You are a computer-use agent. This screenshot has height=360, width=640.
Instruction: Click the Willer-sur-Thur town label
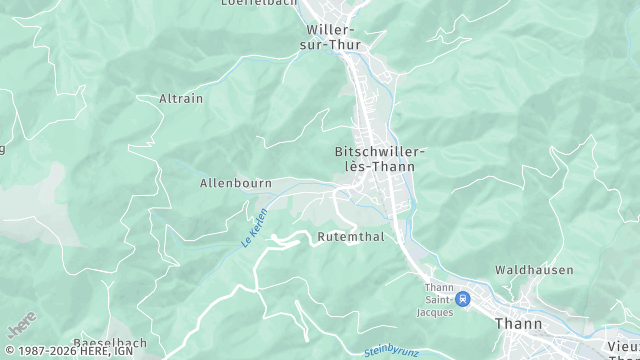click(x=333, y=37)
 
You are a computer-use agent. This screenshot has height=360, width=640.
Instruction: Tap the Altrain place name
click(x=180, y=99)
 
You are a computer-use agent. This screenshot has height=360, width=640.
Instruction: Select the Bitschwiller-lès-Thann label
click(x=380, y=159)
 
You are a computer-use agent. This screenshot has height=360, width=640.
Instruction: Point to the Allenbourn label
click(x=236, y=184)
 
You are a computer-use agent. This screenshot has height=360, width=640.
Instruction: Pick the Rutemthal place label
click(x=349, y=237)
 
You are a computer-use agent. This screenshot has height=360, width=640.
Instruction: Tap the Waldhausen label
click(x=534, y=270)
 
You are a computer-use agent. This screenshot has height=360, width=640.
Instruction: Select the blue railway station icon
click(x=462, y=298)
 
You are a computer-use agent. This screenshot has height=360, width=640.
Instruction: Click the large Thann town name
click(x=518, y=324)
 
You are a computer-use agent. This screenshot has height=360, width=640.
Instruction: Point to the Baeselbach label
click(x=110, y=343)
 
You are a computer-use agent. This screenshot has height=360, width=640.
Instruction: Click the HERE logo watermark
click(x=21, y=325)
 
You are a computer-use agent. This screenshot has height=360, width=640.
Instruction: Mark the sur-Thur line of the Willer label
click(x=333, y=45)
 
